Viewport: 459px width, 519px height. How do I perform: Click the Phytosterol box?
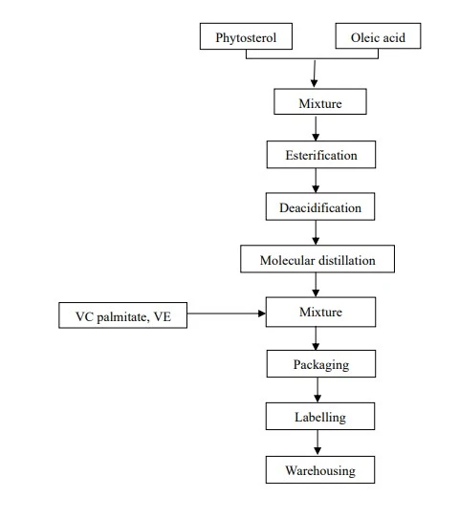point(246,36)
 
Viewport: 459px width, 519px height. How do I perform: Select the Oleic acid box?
point(378,36)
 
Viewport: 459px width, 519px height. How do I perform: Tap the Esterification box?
point(321,155)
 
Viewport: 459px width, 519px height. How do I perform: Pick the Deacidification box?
point(320,206)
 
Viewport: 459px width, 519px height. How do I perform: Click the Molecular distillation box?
point(317,259)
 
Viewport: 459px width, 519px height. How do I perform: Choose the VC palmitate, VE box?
point(122,315)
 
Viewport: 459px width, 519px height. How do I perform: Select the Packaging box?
point(321,364)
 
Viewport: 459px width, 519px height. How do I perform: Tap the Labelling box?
point(320,417)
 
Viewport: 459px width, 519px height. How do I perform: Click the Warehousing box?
point(320,470)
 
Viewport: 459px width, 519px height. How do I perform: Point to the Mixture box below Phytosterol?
point(320,101)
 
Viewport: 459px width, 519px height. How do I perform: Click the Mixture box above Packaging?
point(320,313)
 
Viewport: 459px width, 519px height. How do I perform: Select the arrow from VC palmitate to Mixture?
point(227,314)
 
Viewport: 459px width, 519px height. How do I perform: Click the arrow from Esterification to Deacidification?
point(316,181)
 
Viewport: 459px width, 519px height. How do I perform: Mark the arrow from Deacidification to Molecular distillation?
point(316,232)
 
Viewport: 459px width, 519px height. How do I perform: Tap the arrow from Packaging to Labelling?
point(317,390)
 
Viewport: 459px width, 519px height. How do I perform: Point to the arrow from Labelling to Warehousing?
point(317,443)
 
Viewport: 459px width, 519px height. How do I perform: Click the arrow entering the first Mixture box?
point(315,74)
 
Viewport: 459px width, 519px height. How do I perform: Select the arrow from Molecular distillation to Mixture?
point(316,285)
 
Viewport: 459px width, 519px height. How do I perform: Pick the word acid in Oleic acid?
point(393,37)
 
